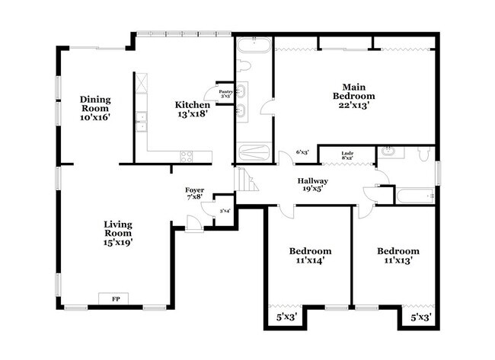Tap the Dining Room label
click(97, 109)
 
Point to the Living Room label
click(119, 233)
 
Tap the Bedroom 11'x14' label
click(310, 256)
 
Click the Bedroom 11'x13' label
click(398, 256)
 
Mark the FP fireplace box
click(115, 298)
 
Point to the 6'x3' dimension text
click(302, 153)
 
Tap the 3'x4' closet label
click(225, 211)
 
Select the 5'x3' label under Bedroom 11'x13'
click(421, 316)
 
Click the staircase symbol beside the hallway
click(247, 180)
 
